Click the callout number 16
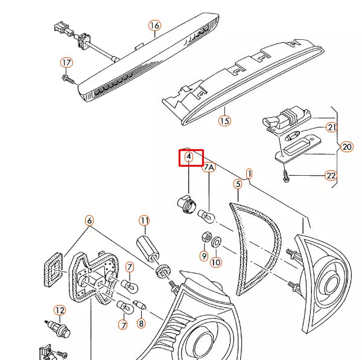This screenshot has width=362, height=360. click(x=154, y=25)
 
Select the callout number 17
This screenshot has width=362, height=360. click(x=66, y=63)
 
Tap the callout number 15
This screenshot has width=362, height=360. click(x=224, y=121)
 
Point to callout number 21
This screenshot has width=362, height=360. click(x=332, y=127)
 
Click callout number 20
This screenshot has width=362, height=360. click(x=347, y=147)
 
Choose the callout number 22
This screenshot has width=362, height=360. click(x=331, y=176)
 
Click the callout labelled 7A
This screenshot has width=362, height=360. click(x=209, y=167)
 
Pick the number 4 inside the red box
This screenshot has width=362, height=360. click(x=189, y=156)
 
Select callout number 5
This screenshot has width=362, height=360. click(x=238, y=184)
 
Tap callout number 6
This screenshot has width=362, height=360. click(x=89, y=220)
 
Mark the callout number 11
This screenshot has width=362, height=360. click(x=144, y=220)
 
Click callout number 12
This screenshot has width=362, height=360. click(x=60, y=310)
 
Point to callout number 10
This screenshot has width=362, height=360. click(x=216, y=262)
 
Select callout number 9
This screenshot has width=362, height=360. click(x=204, y=256)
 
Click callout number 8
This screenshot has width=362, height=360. click(x=141, y=323)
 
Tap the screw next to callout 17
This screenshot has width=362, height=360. click(x=69, y=79)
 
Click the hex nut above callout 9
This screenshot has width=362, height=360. click(x=206, y=237)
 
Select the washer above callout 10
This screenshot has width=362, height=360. click(x=217, y=242)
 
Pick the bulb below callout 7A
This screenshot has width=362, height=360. click(x=206, y=216)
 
